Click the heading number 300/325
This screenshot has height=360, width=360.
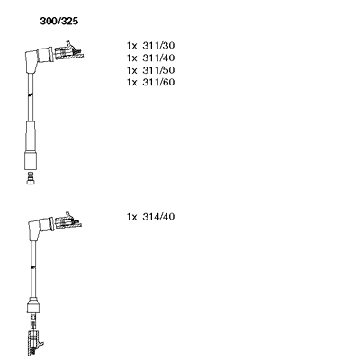59,21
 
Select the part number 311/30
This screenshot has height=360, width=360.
158,46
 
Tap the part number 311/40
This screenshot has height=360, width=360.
158,58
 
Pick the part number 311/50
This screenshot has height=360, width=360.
158,70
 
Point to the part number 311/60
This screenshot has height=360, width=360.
158,82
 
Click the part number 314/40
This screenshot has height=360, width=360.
158,217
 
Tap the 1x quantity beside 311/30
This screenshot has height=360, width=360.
131,46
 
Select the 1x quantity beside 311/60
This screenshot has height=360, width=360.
131,83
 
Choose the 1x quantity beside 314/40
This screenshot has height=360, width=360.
131,217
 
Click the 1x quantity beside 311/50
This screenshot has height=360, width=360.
131,70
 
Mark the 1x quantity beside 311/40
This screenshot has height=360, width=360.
131,58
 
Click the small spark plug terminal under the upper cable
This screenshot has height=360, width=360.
30,178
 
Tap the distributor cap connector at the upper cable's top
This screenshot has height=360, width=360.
68,52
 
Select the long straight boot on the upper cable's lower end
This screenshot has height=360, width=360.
30,146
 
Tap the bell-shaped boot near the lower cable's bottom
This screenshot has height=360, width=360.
33,305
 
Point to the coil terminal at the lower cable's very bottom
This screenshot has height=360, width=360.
34,343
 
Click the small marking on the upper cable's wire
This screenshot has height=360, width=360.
30,94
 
